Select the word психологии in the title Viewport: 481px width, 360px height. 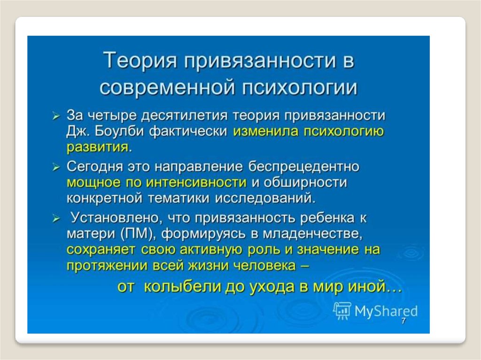click(300, 88)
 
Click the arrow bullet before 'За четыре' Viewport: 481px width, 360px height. click(55, 116)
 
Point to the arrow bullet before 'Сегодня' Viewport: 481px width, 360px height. click(55, 167)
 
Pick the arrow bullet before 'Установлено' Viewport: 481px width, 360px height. click(55, 218)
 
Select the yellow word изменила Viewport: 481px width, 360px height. click(266, 131)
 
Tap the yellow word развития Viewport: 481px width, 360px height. click(98, 147)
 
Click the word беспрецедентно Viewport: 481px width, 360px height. click(304, 167)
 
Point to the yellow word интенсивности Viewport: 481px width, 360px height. click(196, 183)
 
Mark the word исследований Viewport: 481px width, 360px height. click(265, 199)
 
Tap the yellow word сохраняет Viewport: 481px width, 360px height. click(101, 250)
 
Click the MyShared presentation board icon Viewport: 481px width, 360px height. click(342, 311)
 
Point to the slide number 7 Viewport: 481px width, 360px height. click(403, 321)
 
